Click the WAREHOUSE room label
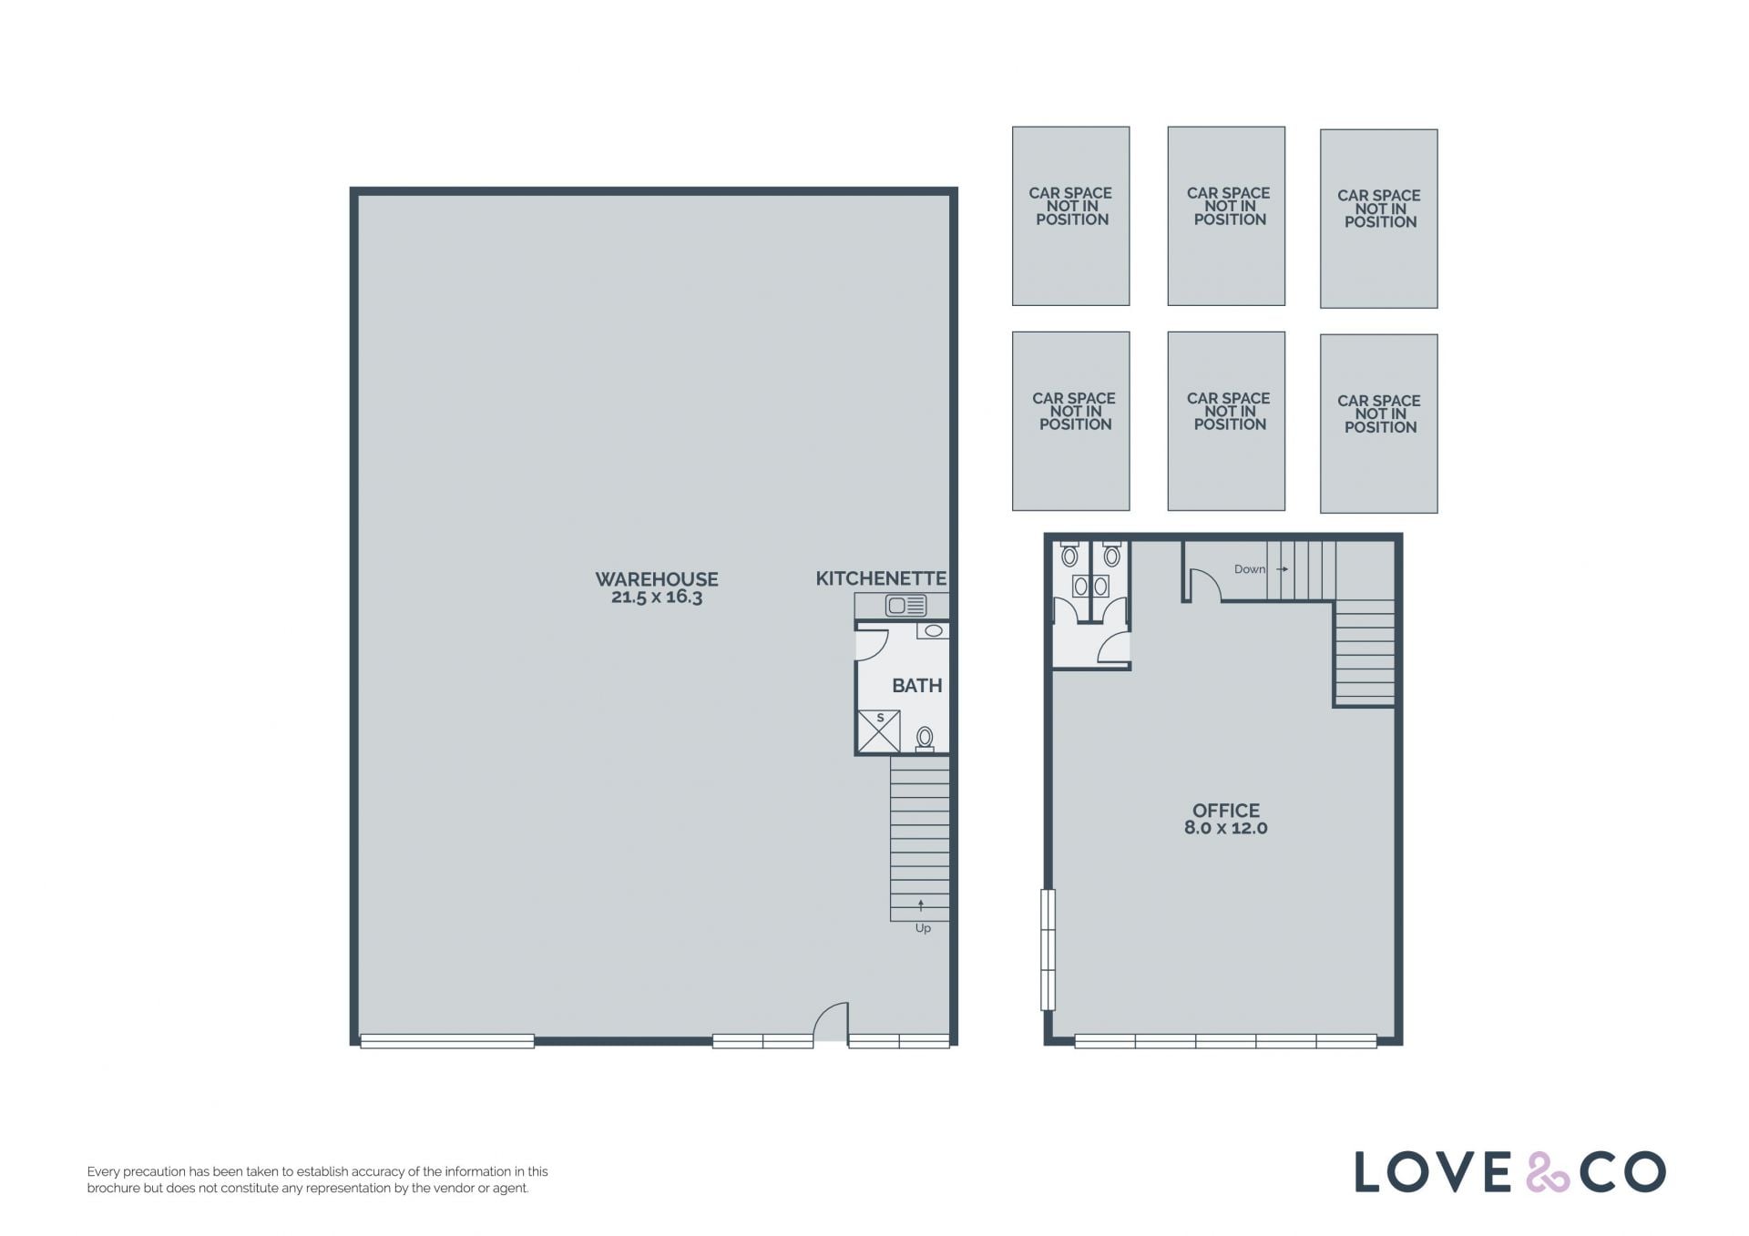(x=656, y=579)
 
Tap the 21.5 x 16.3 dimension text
(x=657, y=598)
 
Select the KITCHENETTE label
(x=881, y=578)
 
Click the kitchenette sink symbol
(x=906, y=605)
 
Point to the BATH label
(x=916, y=686)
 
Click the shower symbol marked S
(x=879, y=731)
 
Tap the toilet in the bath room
(x=925, y=738)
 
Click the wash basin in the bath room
(x=934, y=630)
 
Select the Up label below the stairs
(x=923, y=929)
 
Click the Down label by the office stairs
(x=1249, y=569)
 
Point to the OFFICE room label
(x=1226, y=811)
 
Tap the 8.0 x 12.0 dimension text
(x=1226, y=828)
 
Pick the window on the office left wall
(x=1048, y=950)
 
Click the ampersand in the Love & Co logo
(x=1548, y=1172)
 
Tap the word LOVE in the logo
(x=1434, y=1172)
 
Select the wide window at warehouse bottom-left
(x=447, y=1041)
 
